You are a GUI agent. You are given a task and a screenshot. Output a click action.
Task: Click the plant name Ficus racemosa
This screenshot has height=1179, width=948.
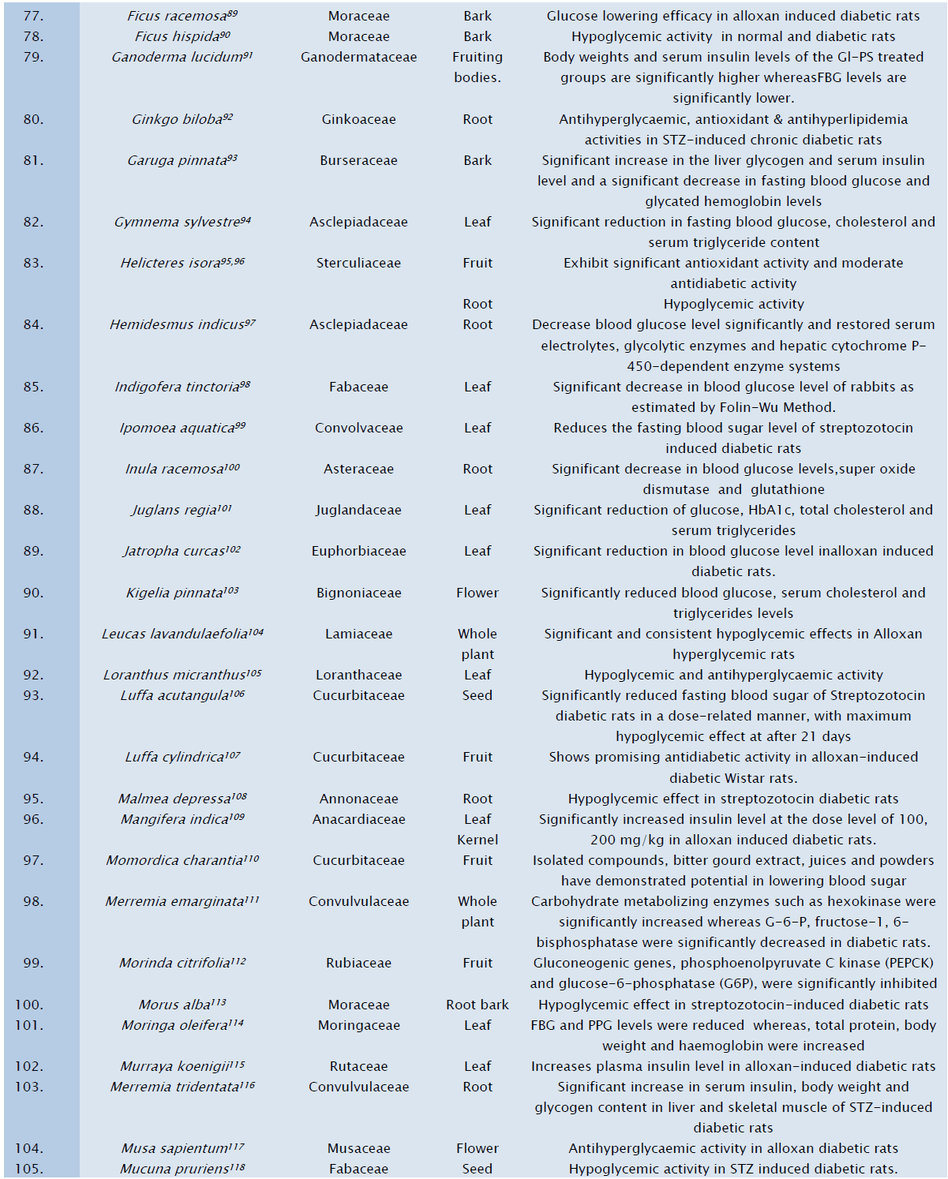177,16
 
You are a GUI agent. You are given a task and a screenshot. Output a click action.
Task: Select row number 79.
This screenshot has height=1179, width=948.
33,57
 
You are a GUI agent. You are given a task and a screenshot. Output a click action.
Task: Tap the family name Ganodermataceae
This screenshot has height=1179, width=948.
358,57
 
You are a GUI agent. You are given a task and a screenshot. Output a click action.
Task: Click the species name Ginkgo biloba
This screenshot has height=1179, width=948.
178,119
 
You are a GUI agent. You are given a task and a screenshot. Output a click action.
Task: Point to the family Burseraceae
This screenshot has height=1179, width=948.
358,160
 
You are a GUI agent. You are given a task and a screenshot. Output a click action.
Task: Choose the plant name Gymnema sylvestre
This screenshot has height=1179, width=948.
177,222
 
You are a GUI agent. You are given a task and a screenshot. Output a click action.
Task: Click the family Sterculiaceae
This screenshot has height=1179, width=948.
358,263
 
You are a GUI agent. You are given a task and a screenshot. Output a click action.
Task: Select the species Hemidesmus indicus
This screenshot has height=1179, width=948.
178,324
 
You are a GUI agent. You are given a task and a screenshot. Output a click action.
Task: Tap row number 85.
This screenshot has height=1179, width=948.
33,387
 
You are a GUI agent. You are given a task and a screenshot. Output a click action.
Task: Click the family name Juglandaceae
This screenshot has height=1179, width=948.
358,510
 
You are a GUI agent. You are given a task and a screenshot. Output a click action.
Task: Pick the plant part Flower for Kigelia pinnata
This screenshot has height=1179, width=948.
477,593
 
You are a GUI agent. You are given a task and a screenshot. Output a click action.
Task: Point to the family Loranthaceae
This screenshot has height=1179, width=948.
358,675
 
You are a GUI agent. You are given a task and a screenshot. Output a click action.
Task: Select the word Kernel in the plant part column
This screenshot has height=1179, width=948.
477,840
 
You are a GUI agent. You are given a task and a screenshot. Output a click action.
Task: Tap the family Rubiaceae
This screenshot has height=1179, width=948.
358,963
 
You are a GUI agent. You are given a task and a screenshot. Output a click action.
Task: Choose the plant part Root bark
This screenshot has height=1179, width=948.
477,1005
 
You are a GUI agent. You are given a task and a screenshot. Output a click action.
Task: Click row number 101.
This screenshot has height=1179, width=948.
29,1025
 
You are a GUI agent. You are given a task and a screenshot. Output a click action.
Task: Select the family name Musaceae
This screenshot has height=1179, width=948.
358,1148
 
